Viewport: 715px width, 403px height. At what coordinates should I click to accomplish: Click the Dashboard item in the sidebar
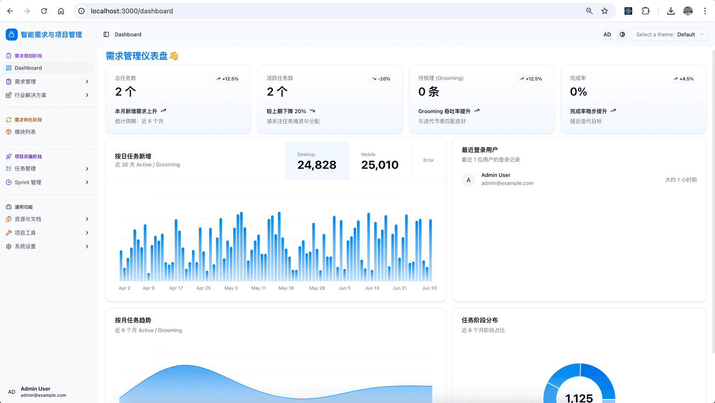coord(28,68)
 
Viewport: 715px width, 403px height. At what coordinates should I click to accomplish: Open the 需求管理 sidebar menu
coord(25,82)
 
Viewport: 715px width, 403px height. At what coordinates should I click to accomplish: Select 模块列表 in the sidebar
coord(25,132)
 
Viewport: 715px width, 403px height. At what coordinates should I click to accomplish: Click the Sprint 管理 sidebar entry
coord(28,182)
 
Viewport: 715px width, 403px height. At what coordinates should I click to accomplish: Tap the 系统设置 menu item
coord(25,246)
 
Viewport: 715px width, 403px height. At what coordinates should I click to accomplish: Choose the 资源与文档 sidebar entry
coord(28,219)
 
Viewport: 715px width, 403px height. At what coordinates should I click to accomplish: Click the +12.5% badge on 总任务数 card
coord(227,79)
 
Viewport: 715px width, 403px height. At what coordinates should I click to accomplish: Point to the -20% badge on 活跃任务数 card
coord(381,79)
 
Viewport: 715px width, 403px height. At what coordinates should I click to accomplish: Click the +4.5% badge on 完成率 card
coord(684,79)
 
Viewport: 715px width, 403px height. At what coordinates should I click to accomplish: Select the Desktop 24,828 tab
coord(317,161)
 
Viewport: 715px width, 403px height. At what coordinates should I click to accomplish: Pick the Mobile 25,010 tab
coord(380,161)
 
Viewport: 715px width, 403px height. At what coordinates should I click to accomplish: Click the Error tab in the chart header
coord(429,160)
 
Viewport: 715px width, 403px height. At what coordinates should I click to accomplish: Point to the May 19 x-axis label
coord(286,288)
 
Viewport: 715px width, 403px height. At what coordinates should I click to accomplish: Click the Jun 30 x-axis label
coord(429,288)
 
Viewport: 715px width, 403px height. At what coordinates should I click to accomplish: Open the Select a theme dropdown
coord(670,34)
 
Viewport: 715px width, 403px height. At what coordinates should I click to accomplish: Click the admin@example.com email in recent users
coord(507,183)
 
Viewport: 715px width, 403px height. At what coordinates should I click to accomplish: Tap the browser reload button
coord(44,11)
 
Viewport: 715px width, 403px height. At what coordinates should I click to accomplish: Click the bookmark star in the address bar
coord(605,11)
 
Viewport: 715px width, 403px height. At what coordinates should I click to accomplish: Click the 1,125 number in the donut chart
coord(579,398)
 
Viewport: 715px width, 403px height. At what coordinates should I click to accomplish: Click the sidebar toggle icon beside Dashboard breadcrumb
coord(106,34)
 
